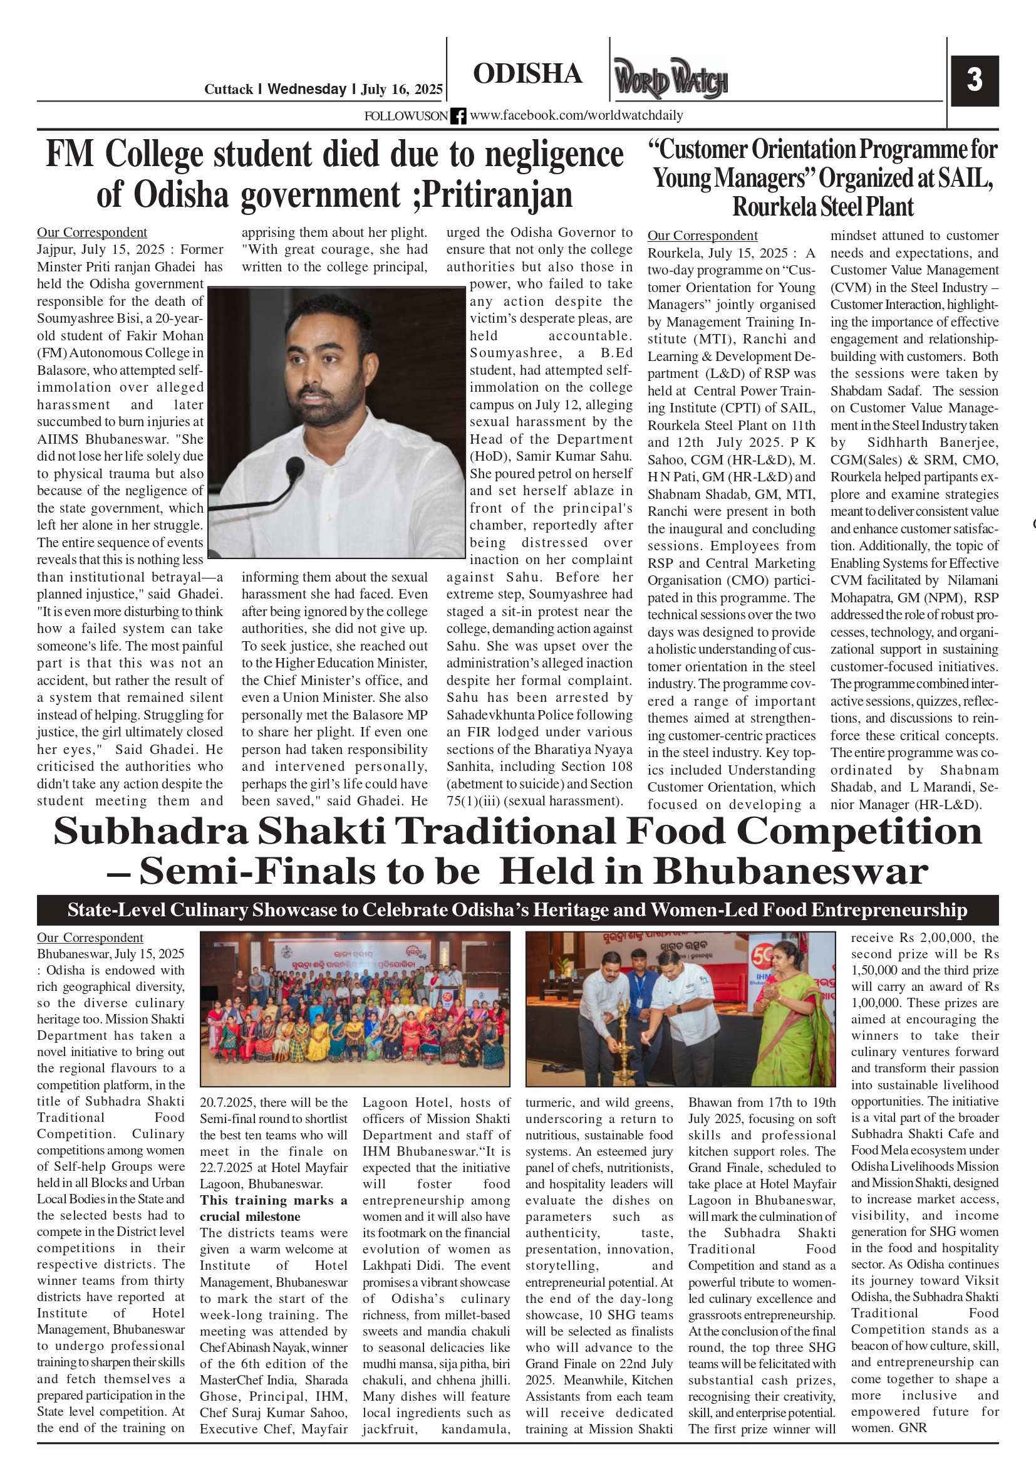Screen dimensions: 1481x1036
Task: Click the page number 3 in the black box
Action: (974, 80)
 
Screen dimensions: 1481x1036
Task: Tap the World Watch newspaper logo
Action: (670, 79)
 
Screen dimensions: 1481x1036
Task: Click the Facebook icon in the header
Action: (458, 116)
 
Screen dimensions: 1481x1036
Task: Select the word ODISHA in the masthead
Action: (527, 73)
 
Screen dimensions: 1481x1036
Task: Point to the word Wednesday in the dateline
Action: (307, 89)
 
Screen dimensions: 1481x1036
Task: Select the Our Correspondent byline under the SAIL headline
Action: (702, 236)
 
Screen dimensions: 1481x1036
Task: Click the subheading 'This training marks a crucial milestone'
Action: (273, 1208)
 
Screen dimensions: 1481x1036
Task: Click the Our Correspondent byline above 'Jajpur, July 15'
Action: (91, 233)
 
